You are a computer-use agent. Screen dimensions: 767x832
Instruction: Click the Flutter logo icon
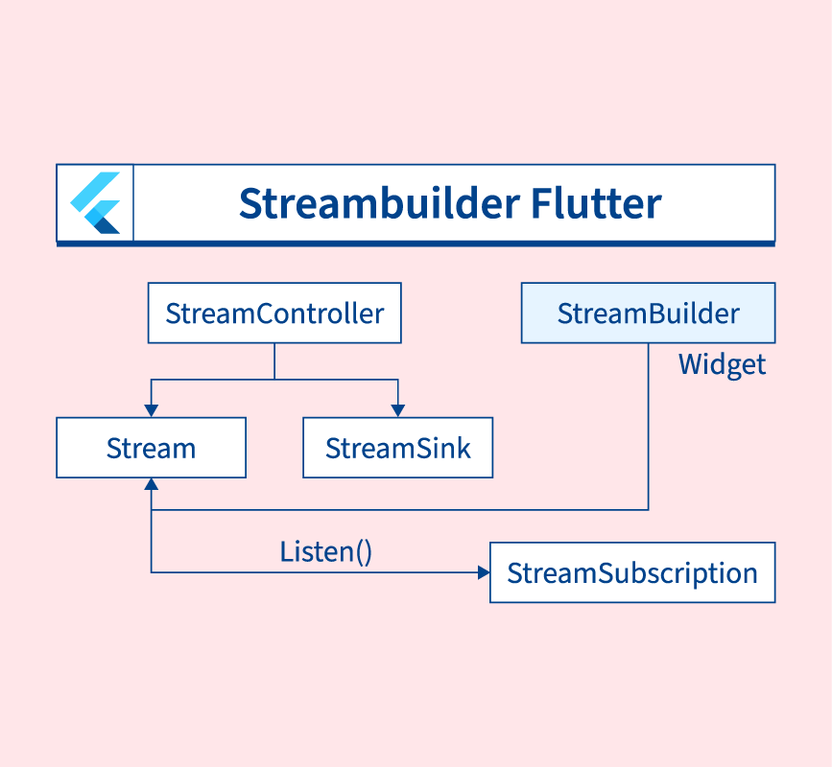tap(95, 203)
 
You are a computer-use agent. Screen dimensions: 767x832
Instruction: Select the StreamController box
tap(274, 313)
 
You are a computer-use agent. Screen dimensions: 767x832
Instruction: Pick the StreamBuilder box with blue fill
tap(648, 313)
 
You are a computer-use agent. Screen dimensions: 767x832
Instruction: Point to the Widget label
tap(722, 364)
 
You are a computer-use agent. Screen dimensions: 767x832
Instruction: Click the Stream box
tap(151, 448)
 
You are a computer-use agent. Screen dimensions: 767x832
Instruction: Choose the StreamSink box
tap(397, 448)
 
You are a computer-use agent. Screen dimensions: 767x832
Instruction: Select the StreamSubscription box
tap(631, 573)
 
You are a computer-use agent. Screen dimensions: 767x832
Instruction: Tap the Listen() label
tap(325, 552)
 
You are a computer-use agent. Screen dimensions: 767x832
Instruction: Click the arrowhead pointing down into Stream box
tap(151, 411)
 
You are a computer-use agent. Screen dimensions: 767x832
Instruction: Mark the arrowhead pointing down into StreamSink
tap(397, 411)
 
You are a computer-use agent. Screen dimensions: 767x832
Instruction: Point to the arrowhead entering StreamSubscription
tap(483, 573)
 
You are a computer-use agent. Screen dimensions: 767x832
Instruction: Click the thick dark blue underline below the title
tap(416, 244)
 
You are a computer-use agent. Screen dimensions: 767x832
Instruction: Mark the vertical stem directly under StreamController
tap(274, 360)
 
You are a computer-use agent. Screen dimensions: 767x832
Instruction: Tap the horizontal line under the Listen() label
tap(317, 573)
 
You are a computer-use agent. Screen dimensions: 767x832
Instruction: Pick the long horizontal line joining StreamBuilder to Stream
tap(403, 510)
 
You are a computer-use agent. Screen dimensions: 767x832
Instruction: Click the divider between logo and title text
tap(133, 203)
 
